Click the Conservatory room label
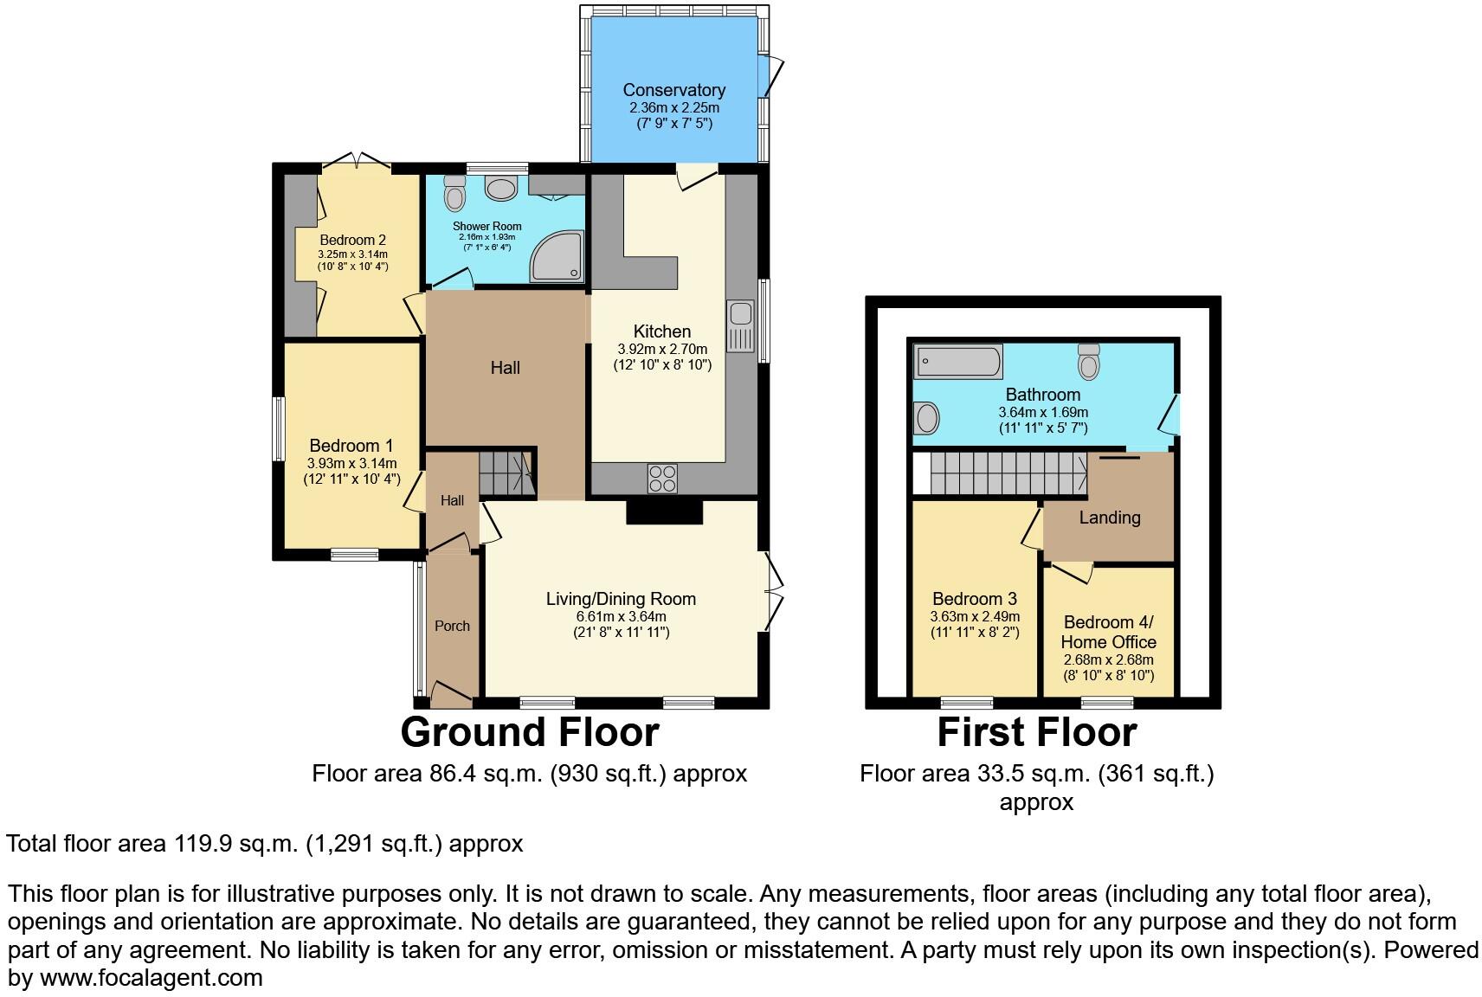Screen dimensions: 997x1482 point(673,90)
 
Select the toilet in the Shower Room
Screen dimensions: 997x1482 point(454,194)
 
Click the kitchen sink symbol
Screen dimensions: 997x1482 point(741,325)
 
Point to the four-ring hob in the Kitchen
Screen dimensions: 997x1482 point(662,479)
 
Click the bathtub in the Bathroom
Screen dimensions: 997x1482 point(958,361)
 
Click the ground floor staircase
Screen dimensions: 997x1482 point(506,473)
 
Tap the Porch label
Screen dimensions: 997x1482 point(452,626)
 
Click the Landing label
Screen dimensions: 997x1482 point(1109,518)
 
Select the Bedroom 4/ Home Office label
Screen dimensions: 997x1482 point(1108,632)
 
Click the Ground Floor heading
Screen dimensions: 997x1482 point(529,732)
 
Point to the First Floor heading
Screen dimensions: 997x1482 point(1036,732)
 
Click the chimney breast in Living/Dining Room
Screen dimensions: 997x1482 point(664,513)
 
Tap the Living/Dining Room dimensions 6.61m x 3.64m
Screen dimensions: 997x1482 point(621,616)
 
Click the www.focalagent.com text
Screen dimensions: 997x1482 point(151,979)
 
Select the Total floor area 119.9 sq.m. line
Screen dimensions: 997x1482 point(265,844)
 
